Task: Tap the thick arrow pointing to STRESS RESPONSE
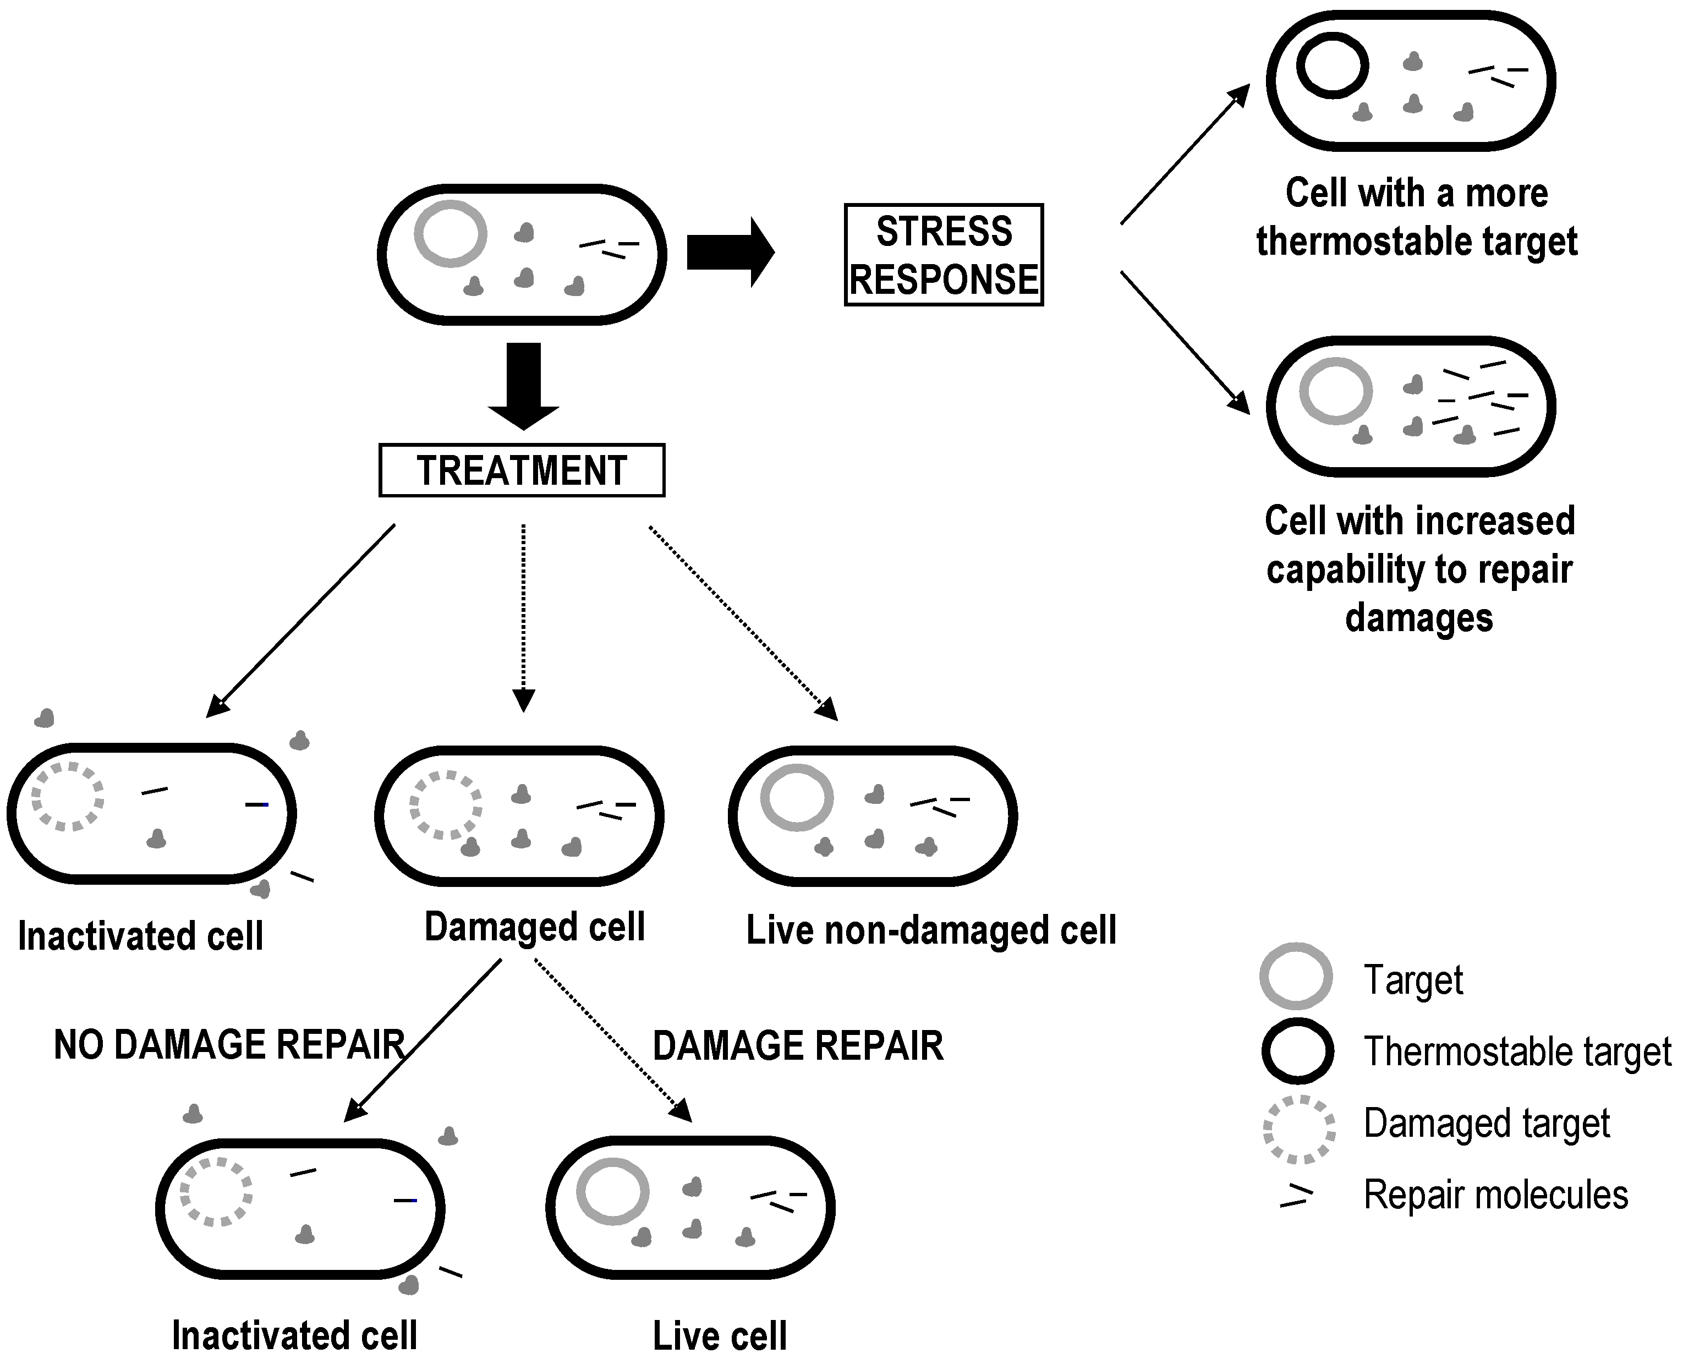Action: pyautogui.click(x=731, y=252)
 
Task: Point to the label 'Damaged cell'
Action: pyautogui.click(x=534, y=927)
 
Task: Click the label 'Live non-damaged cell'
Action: pyautogui.click(x=931, y=930)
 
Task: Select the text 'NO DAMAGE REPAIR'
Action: pyautogui.click(x=229, y=1045)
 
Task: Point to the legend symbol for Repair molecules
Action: pyautogui.click(x=1296, y=1195)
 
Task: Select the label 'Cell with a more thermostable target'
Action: pyautogui.click(x=1417, y=217)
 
